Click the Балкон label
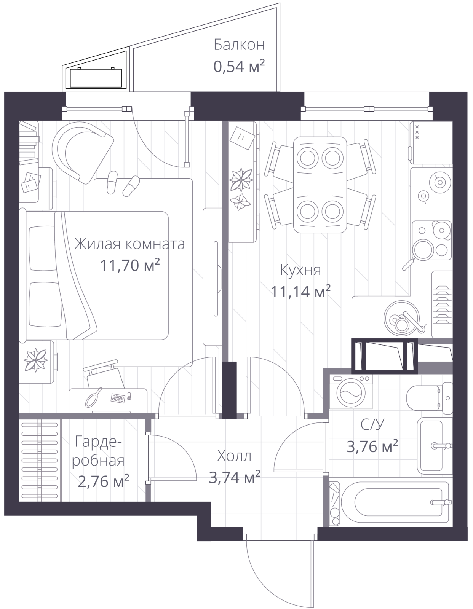pyautogui.click(x=239, y=45)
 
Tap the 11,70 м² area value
pyautogui.click(x=130, y=265)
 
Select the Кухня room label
pyautogui.click(x=300, y=270)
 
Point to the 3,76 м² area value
pyautogui.click(x=372, y=446)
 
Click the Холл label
pyautogui.click(x=234, y=456)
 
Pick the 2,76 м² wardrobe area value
pyautogui.click(x=103, y=481)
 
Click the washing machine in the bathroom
pyautogui.click(x=351, y=392)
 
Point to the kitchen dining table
pyautogui.click(x=320, y=185)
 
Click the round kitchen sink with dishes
pyautogui.click(x=401, y=318)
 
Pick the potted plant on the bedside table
pyautogui.click(x=35, y=360)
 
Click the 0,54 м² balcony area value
pyautogui.click(x=239, y=67)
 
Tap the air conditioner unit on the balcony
pyautogui.click(x=96, y=78)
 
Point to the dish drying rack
pyautogui.click(x=443, y=304)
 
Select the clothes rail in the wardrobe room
pyautogui.click(x=40, y=461)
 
